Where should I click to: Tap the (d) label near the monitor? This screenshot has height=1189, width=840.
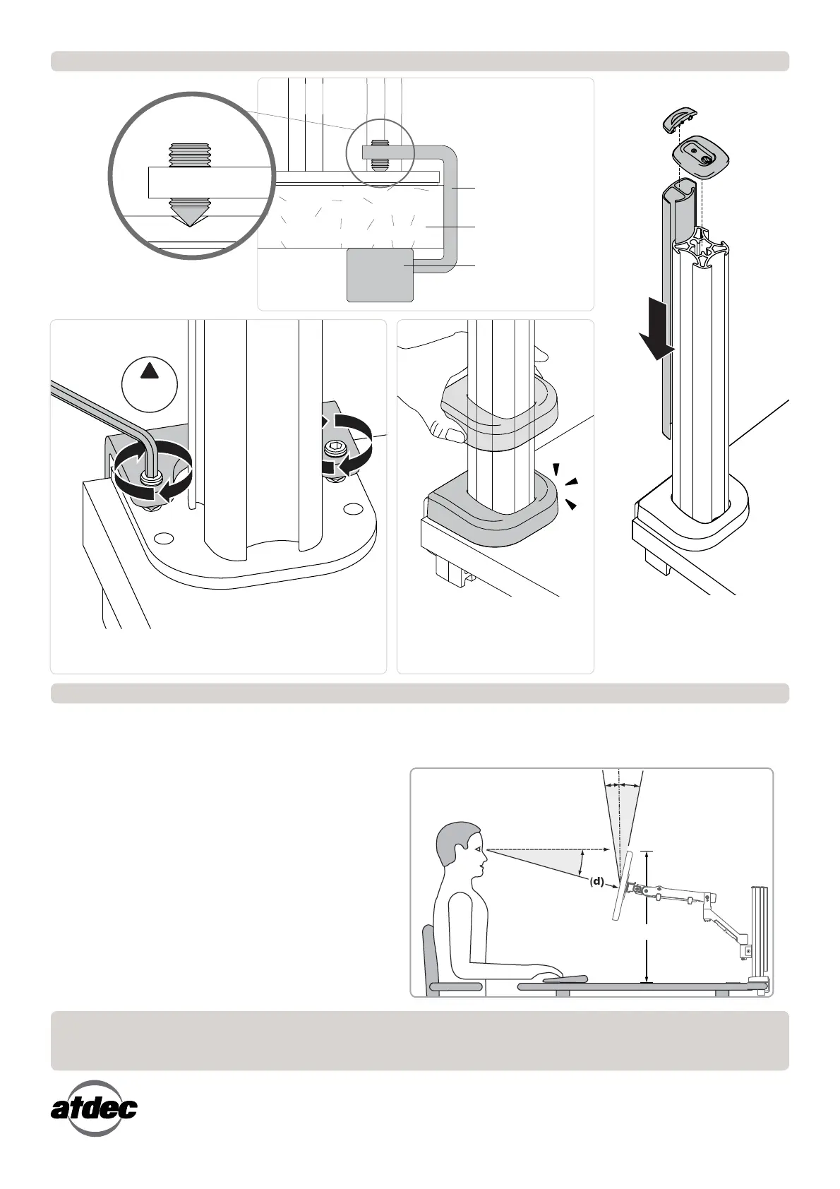pos(597,881)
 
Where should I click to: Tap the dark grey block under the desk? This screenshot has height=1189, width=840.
pos(380,275)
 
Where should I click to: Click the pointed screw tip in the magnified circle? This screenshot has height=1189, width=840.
pos(188,214)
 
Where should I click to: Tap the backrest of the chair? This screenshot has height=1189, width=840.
pos(428,953)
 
